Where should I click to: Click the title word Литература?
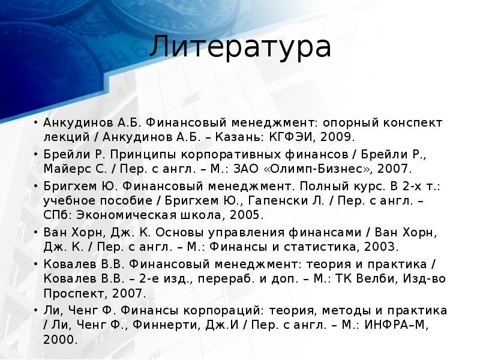coord(240,47)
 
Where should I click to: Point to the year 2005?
coord(241,215)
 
